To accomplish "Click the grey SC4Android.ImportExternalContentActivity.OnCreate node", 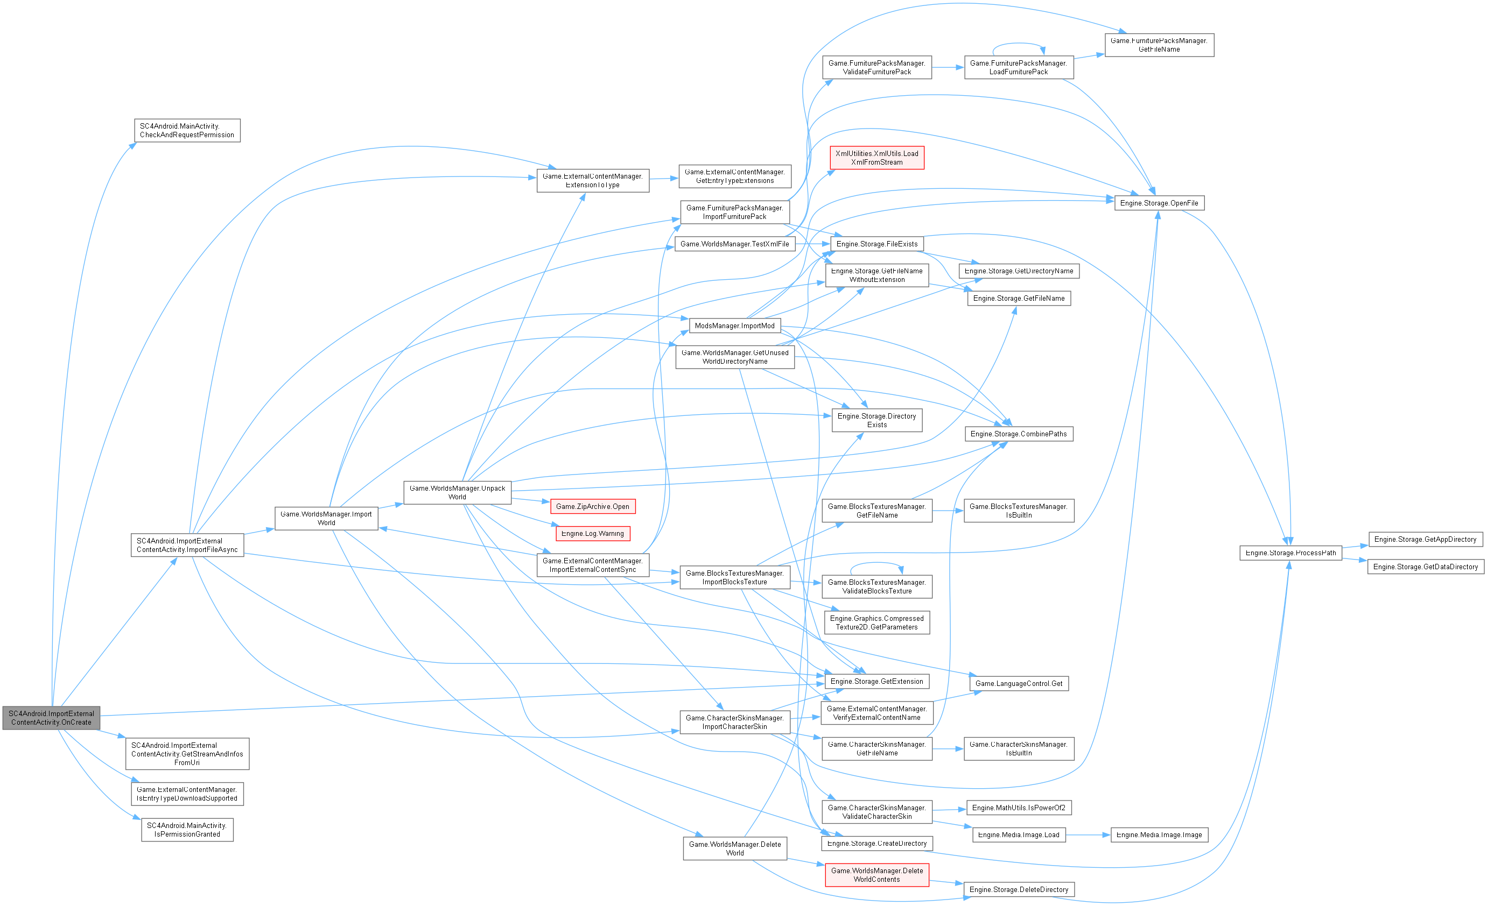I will [51, 718].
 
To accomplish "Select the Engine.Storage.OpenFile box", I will [1159, 203].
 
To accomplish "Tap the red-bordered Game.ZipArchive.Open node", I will [592, 507].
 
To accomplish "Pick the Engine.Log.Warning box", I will [592, 534].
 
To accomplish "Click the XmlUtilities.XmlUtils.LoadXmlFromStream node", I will [876, 158].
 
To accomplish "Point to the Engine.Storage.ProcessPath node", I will [1290, 553].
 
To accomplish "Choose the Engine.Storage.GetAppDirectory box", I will [1425, 539].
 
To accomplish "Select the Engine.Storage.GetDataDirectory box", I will [1425, 567].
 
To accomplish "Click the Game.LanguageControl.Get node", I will [1019, 683].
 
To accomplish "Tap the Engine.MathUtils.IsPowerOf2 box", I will [1019, 808].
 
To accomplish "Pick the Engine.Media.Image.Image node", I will [1159, 835].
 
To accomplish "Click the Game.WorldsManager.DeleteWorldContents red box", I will [876, 875].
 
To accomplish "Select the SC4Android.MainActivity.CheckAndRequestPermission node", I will [187, 131].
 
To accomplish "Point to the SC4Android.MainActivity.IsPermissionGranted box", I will [187, 830].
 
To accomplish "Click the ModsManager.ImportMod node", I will [734, 325].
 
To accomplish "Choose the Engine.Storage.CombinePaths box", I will [1019, 434].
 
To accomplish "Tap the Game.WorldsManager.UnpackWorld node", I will [457, 493].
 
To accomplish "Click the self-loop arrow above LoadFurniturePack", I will [1019, 44].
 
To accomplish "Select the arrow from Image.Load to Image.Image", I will [1088, 835].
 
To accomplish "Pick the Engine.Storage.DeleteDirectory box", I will [1019, 890].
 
